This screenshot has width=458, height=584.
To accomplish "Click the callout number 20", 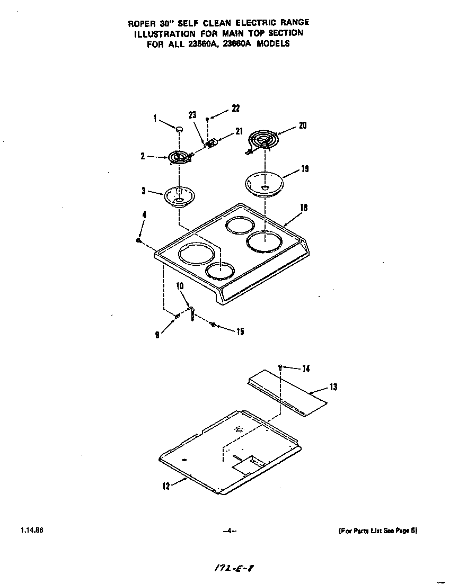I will pos(302,125).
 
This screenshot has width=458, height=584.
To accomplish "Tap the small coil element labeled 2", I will pos(179,157).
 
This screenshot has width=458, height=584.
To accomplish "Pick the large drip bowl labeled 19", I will pos(265,183).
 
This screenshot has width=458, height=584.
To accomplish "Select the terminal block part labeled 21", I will pos(212,143).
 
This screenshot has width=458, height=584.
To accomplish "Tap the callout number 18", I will pos(303,208).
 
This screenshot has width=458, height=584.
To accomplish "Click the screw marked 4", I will pos(138,240).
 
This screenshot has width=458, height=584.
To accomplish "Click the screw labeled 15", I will pos(213,325).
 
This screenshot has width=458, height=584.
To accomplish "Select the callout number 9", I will pos(157,335).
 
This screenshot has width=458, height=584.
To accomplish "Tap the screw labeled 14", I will pos(279,366).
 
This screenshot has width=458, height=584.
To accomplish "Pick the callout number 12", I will pos(166,486).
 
